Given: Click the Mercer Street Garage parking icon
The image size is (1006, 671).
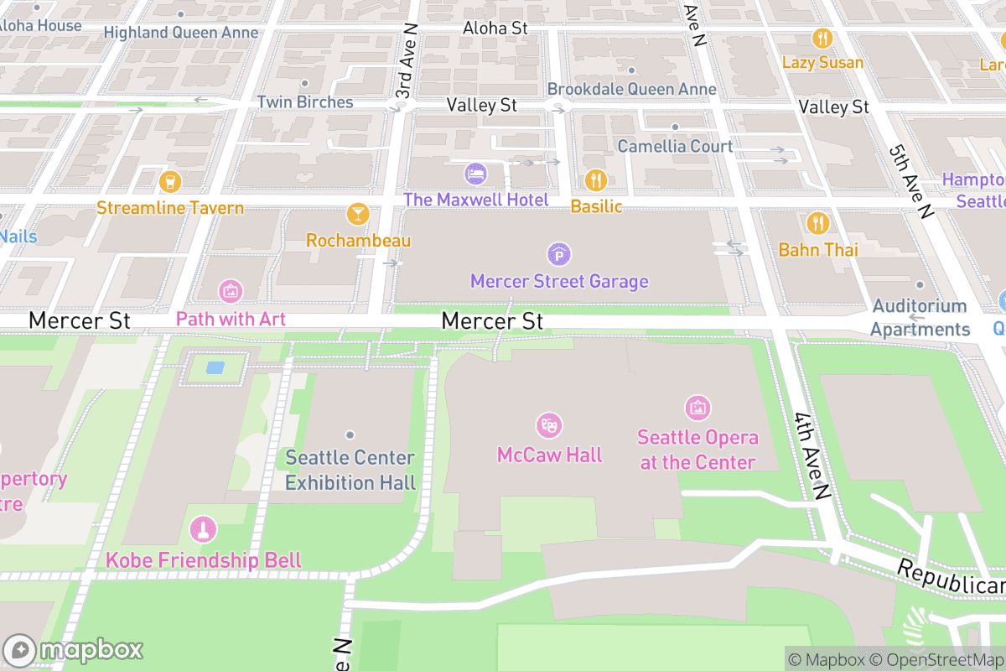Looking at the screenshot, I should [559, 253].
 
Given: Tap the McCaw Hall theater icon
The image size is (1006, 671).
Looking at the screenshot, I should [549, 425].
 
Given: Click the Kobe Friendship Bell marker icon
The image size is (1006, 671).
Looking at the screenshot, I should [203, 529].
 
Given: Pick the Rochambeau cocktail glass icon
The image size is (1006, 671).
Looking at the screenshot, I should [358, 214].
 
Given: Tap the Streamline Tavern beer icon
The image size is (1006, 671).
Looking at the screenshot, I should [170, 181].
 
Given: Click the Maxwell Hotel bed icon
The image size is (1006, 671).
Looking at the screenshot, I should [475, 174].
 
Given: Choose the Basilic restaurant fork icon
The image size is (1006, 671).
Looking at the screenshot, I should [596, 179].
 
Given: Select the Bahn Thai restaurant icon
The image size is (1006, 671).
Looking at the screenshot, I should [818, 223].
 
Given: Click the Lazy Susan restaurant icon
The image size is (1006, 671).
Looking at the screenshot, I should [822, 39].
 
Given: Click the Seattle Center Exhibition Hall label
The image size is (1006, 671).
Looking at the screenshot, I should [350, 470].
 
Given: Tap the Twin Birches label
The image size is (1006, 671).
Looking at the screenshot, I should [304, 101].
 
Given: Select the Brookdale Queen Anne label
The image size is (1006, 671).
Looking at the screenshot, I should [631, 89].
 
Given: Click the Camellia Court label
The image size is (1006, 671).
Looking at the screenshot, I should [675, 146].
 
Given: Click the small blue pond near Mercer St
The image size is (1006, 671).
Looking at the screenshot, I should [215, 367].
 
